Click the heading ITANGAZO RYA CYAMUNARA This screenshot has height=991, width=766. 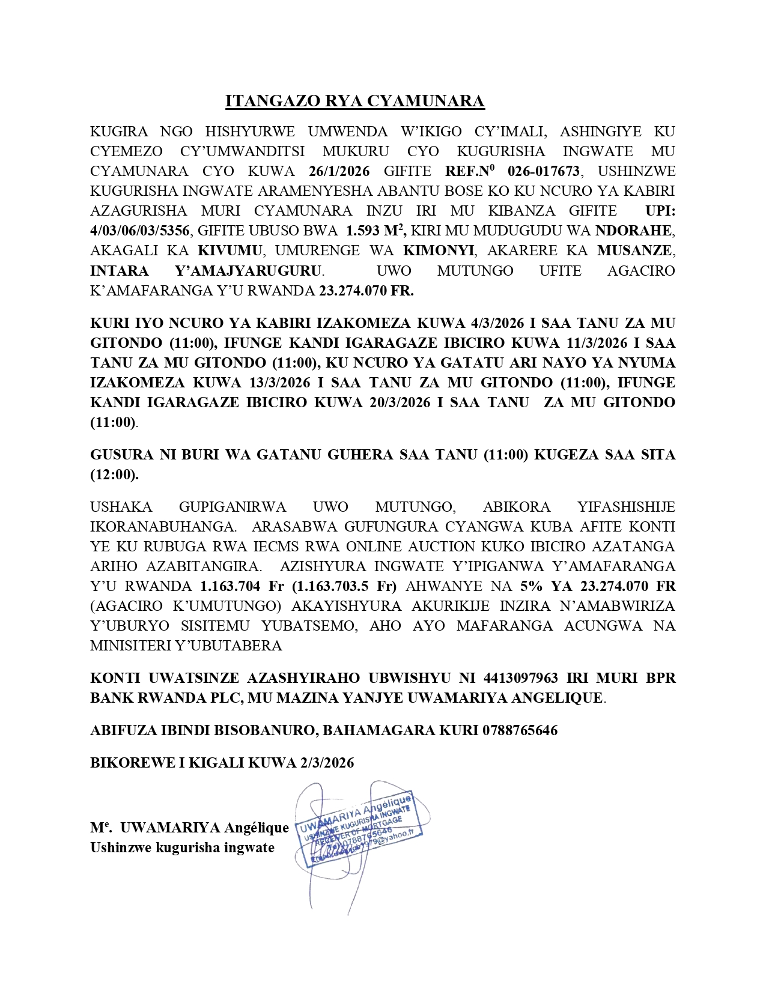point(354,101)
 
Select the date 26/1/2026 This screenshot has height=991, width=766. point(339,171)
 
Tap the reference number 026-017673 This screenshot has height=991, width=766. point(544,171)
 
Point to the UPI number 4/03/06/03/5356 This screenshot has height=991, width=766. point(140,231)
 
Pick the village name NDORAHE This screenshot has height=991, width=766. point(634,231)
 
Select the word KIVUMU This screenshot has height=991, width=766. point(230,250)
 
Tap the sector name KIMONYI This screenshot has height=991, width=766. point(439,250)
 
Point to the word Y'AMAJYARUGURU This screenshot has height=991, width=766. point(248,271)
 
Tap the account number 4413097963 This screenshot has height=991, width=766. point(521,678)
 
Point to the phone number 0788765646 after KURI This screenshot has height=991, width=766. point(520,730)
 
